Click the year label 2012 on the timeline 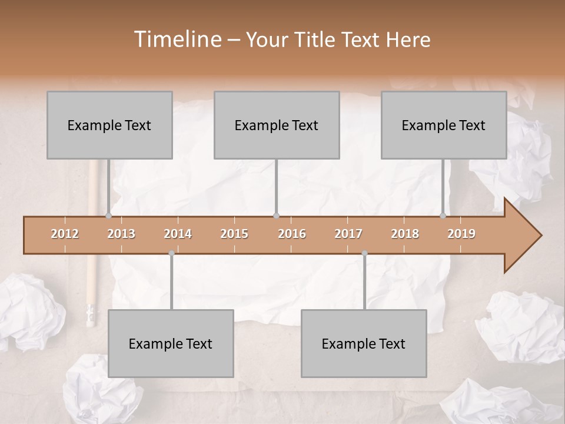65,234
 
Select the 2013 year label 121,234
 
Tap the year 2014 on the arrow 178,234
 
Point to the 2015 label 234,234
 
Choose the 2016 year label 292,234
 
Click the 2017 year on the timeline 348,234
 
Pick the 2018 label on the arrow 405,234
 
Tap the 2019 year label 461,234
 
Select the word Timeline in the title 177,39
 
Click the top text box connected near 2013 109,125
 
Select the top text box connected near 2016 277,125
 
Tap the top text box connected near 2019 444,125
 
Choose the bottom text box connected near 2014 171,343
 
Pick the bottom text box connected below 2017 364,343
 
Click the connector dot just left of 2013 108,216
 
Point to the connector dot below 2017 364,253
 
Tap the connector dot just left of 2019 443,216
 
